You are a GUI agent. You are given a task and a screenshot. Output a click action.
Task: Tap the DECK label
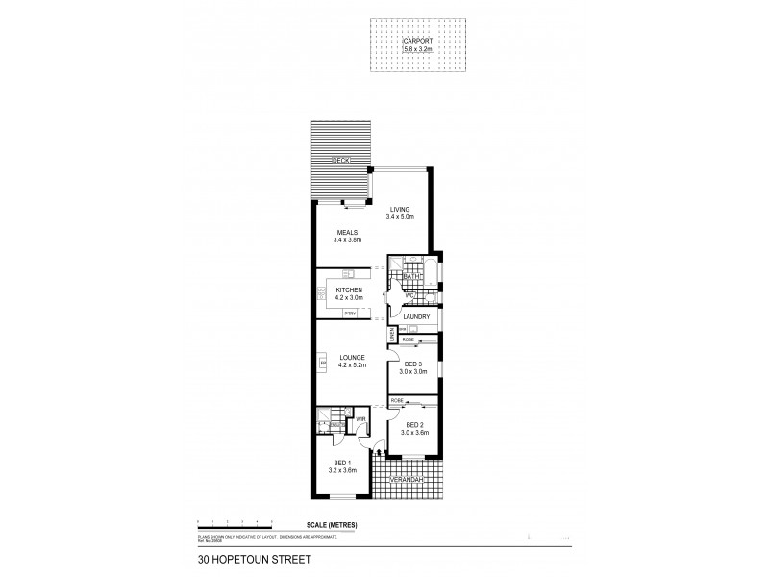tap(338, 161)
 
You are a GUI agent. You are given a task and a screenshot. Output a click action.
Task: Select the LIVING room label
tap(400, 209)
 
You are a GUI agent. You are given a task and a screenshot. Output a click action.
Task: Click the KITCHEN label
tap(348, 290)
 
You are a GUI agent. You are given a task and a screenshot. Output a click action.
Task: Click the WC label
tap(396, 296)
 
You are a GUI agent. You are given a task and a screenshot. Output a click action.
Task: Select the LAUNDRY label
tap(416, 316)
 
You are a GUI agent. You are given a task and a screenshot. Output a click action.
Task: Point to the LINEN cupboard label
tap(391, 335)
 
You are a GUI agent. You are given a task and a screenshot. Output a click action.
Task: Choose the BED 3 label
tap(413, 364)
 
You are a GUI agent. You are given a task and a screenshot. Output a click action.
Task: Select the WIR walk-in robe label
tap(360, 419)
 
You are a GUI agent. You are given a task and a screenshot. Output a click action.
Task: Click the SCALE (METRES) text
tap(327, 524)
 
